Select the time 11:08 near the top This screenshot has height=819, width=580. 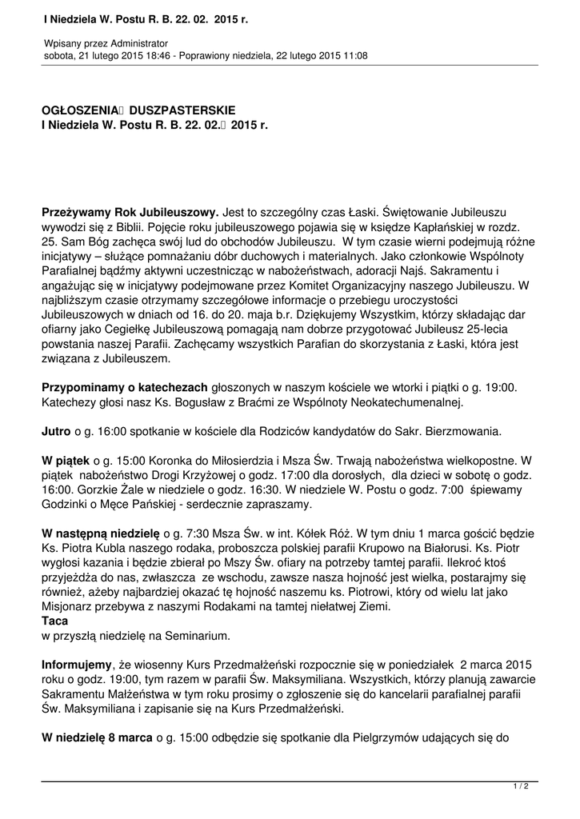coord(354,56)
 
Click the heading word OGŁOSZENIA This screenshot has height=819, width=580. coord(80,110)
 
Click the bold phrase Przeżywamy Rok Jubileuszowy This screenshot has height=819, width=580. coord(130,212)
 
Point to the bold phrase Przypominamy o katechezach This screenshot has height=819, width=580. coord(125,386)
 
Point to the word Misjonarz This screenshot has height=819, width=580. coord(70,606)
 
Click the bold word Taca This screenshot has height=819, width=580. coord(54,621)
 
